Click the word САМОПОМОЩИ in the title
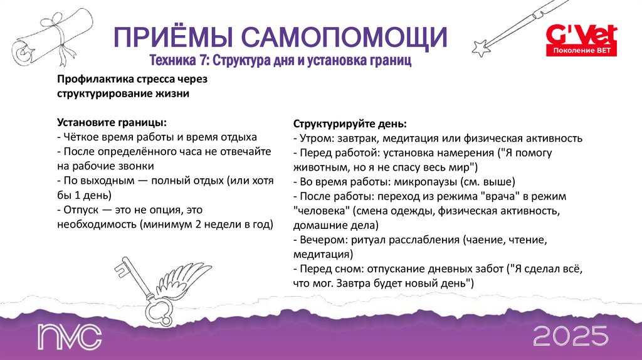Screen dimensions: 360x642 point(344,38)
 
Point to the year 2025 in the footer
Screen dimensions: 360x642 point(570,336)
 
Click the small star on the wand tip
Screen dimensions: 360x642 point(482,48)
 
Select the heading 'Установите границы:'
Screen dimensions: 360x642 point(112,122)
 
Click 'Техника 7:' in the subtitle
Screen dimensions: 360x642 point(179,62)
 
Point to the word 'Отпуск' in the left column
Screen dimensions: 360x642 point(80,210)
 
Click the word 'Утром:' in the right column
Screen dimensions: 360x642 point(318,138)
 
